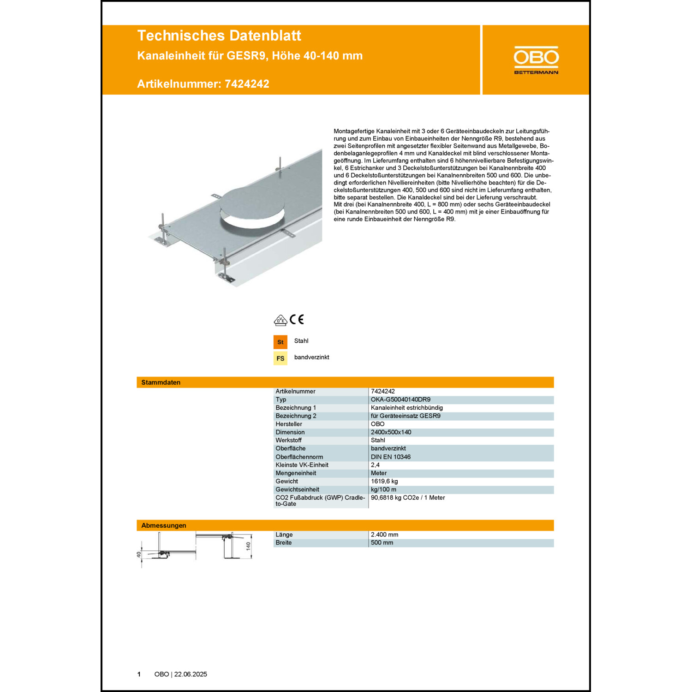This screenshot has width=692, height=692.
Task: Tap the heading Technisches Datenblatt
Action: coord(219,36)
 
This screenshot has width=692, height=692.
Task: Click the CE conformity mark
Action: coord(297,319)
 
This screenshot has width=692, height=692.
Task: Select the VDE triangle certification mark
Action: coord(280,320)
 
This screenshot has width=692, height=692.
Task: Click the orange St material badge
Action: coord(280,342)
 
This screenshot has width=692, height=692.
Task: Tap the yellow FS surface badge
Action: coord(280,358)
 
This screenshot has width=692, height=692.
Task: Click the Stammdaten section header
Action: coord(161,382)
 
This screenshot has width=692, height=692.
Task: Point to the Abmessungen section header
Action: coord(164,525)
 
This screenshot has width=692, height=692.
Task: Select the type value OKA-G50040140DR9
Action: coord(400,400)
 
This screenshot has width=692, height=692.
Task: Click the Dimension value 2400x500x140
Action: coord(391,432)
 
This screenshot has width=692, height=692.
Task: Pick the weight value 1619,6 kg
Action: coord(384,481)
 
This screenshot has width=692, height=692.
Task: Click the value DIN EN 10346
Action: coord(390,457)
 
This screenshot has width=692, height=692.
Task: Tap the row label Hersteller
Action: coord(289,424)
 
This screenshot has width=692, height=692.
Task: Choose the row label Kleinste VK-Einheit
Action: coord(302,465)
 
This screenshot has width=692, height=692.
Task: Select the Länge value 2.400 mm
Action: coord(384,535)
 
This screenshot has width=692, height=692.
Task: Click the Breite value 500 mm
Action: coord(382,543)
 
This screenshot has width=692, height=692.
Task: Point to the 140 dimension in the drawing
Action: coord(248,546)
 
